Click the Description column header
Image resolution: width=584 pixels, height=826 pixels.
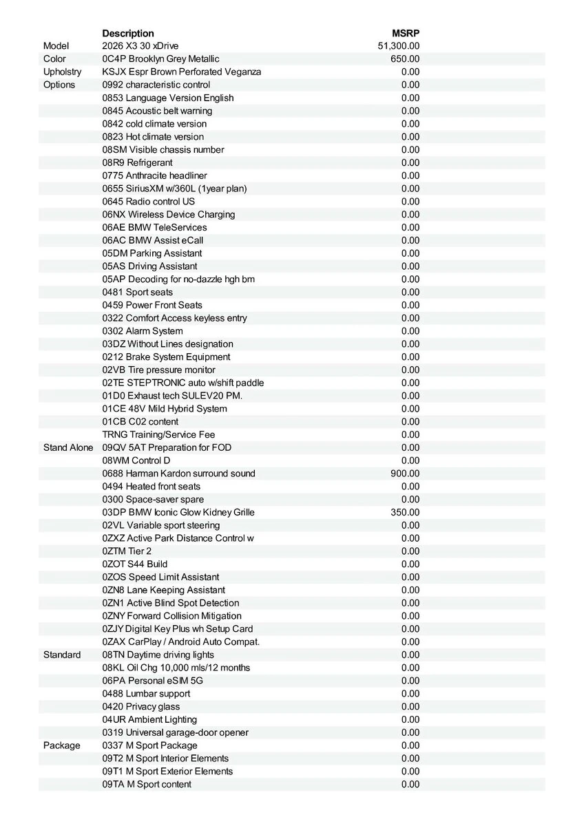(128, 33)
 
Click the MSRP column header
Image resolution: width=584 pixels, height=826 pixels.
(406, 33)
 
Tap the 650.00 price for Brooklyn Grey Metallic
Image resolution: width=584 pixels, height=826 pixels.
(405, 59)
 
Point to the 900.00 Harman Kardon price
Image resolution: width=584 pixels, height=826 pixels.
(405, 474)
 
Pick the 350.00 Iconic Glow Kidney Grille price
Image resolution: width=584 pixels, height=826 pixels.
(405, 512)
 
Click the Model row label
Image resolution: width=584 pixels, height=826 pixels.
(56, 46)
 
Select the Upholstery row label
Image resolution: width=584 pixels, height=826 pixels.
(62, 72)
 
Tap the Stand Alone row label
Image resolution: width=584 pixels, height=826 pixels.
(68, 447)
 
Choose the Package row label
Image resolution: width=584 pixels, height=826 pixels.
(62, 745)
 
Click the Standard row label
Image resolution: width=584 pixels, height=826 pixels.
(62, 655)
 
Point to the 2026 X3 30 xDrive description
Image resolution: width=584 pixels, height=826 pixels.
(140, 46)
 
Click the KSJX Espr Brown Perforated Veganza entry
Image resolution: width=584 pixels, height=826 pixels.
(182, 72)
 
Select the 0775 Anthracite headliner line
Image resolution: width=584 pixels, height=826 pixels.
(154, 176)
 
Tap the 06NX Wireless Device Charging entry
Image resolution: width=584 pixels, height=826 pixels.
(169, 214)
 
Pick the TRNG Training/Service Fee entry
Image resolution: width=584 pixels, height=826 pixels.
(158, 434)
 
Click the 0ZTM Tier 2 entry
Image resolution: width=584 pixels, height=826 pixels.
(127, 551)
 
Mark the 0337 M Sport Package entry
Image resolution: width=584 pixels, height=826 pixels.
(149, 745)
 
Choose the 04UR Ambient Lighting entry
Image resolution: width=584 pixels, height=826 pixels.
(149, 719)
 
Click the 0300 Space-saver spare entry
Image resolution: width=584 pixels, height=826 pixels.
(153, 499)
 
